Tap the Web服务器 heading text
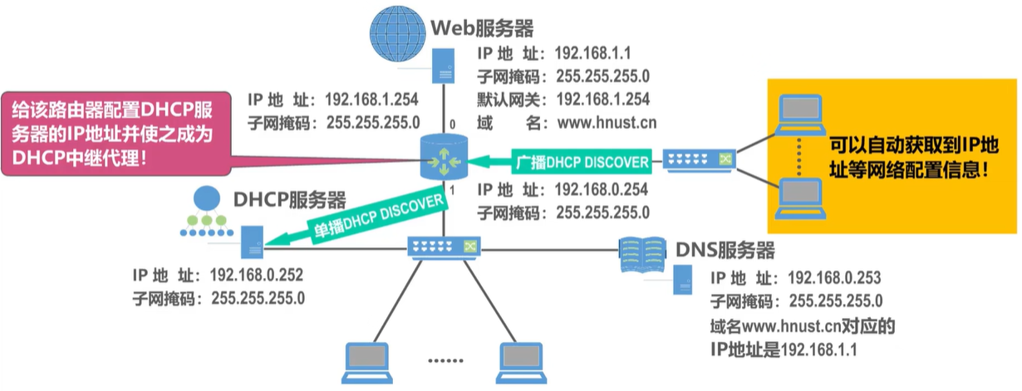point(481,28)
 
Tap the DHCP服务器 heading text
point(288,199)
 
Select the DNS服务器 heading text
point(725,250)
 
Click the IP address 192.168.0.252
point(258,275)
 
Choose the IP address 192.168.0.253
point(833,277)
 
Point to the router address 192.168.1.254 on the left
point(371,100)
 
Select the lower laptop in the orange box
point(800,196)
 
